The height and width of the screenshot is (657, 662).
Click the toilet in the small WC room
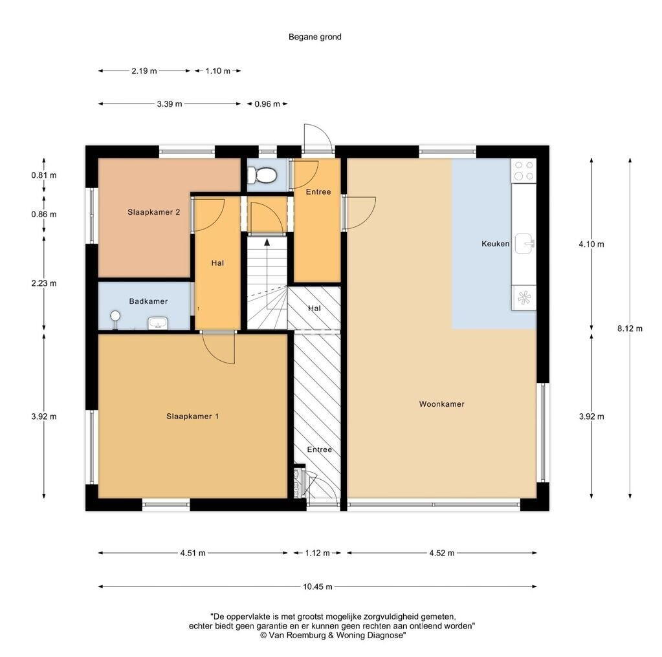(x=262, y=175)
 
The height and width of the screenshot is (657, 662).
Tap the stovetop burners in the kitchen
(x=524, y=171)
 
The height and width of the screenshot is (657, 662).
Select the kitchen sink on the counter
(x=524, y=244)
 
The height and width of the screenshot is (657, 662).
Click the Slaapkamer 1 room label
(x=193, y=416)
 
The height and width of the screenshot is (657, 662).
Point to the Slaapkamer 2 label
(x=153, y=212)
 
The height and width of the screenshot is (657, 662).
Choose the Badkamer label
(x=148, y=301)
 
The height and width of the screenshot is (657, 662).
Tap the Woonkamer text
(x=441, y=404)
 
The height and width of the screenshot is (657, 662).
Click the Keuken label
(x=496, y=244)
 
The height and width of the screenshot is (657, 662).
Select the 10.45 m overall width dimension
(x=318, y=587)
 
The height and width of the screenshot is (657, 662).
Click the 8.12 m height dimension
(x=630, y=328)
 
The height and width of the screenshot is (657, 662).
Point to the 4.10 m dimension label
(x=591, y=244)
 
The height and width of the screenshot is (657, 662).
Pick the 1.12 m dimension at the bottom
(x=318, y=553)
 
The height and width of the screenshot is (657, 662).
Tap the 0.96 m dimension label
(x=267, y=104)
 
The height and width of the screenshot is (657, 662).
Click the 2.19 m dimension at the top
(x=144, y=71)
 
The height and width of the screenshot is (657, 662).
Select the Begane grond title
(x=315, y=37)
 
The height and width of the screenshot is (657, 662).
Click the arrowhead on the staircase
(x=267, y=242)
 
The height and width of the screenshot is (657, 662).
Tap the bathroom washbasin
(x=158, y=323)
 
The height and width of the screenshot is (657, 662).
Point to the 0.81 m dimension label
(x=44, y=175)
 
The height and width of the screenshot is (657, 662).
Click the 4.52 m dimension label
(x=441, y=553)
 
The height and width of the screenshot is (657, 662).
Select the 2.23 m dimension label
(x=44, y=283)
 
